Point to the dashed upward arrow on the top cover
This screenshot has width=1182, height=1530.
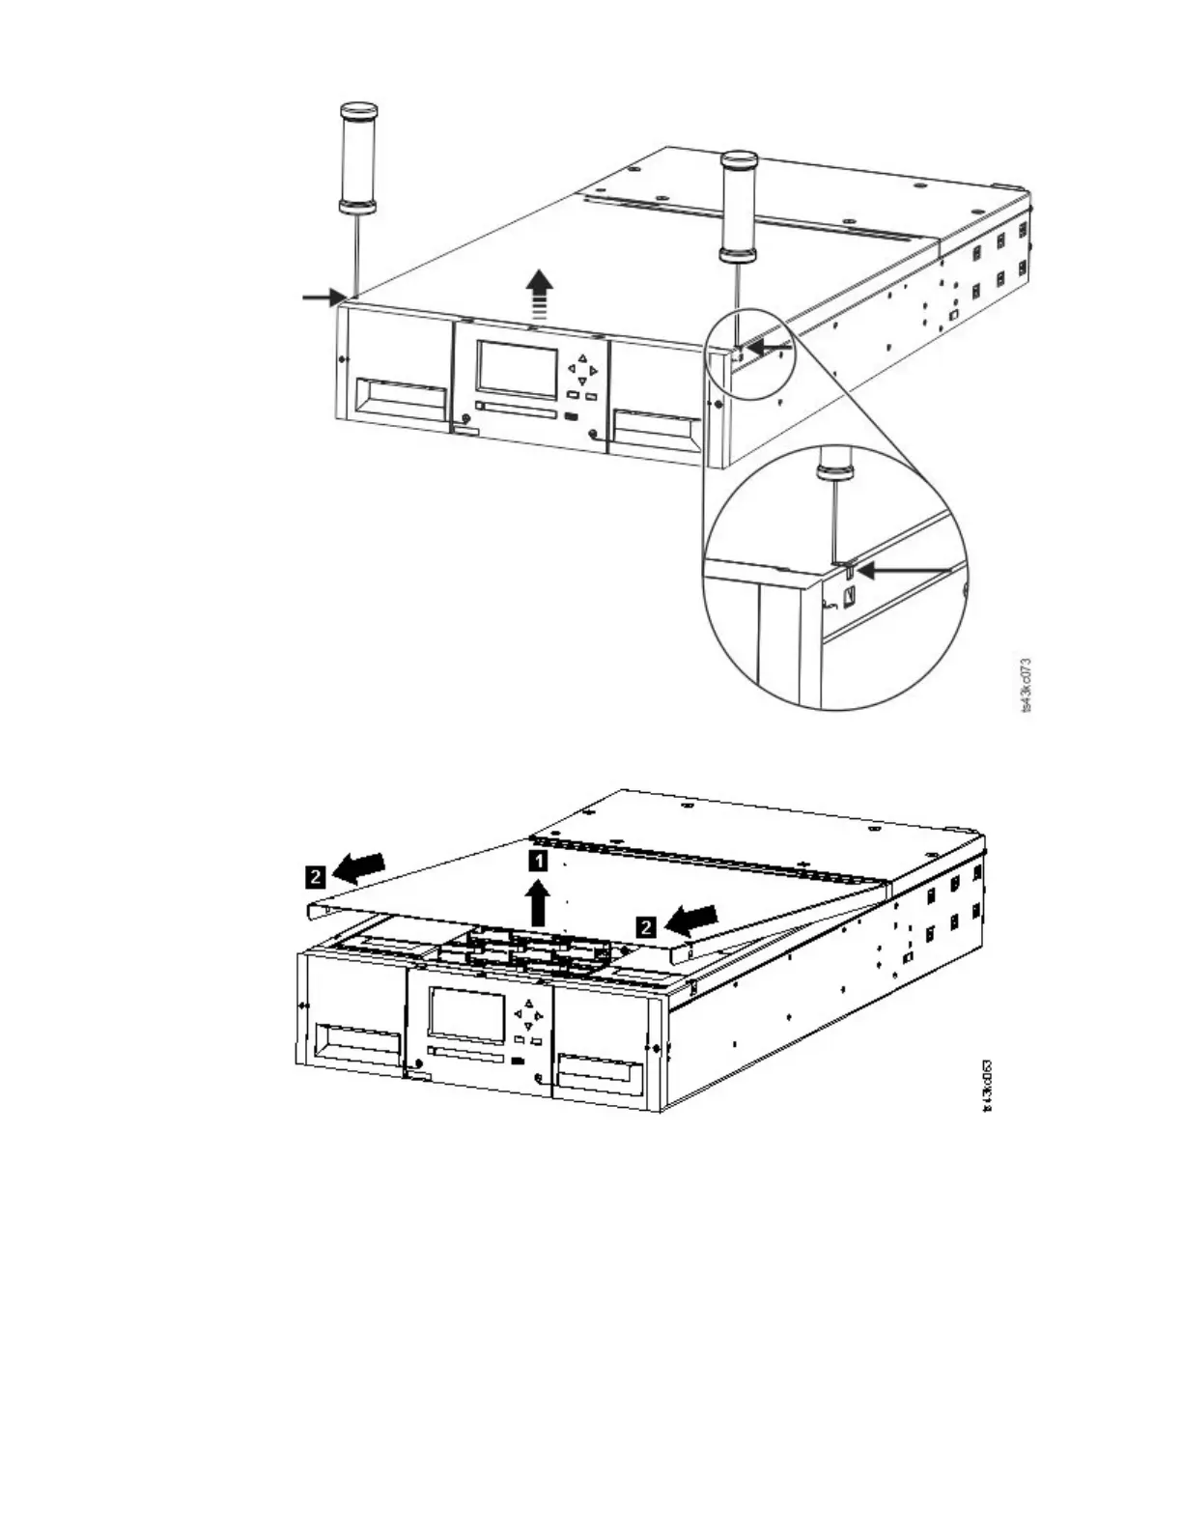[x=540, y=294]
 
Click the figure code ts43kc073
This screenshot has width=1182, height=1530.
[x=1026, y=685]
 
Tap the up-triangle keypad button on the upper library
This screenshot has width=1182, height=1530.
[x=582, y=358]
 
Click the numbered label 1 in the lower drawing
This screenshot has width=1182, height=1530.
[x=539, y=860]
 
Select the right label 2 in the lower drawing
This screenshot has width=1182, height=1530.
[x=647, y=927]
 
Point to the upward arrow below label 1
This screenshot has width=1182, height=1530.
[x=538, y=903]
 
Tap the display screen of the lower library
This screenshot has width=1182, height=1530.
[x=467, y=1014]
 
